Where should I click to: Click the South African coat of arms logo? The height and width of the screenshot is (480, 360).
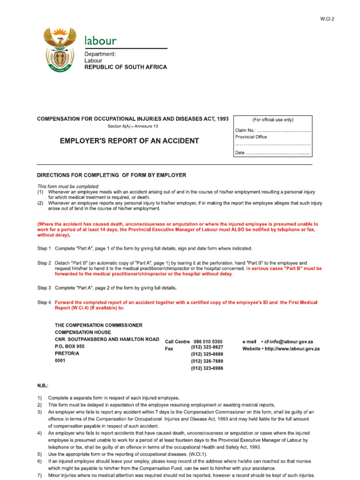click(59, 50)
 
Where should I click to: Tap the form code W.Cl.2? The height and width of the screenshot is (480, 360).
click(328, 19)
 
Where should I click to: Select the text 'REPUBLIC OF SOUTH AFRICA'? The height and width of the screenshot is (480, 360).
click(125, 67)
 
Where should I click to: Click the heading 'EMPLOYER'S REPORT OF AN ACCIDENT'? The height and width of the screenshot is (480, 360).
click(128, 141)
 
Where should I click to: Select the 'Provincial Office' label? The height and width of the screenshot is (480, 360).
click(251, 137)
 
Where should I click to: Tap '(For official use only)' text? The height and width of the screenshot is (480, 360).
click(272, 120)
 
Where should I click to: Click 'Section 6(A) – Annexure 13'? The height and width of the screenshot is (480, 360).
click(133, 127)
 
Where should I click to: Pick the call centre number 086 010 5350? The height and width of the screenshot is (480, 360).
click(208, 342)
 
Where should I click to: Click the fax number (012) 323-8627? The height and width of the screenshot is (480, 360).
click(207, 347)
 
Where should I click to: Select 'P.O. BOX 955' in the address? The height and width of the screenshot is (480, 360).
click(70, 346)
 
